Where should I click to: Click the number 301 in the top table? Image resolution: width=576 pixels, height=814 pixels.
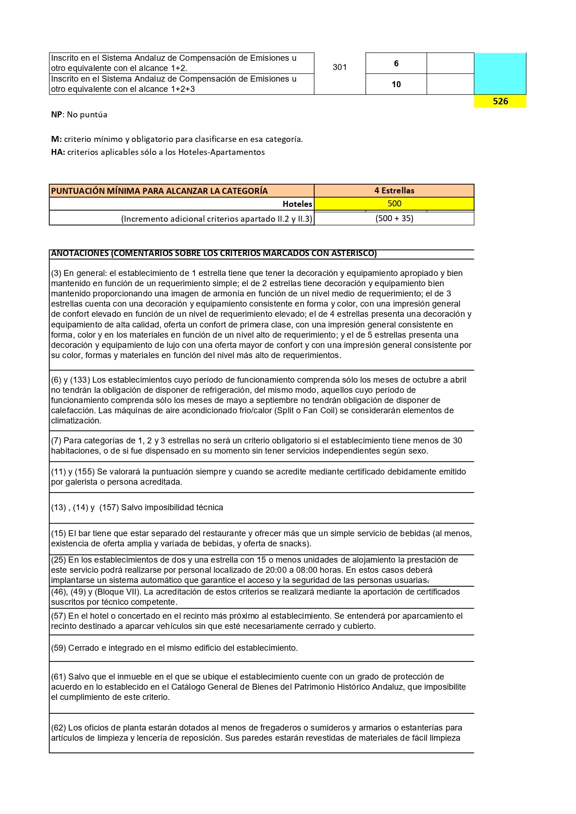tap(340, 67)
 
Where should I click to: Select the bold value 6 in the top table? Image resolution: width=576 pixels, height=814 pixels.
tap(396, 64)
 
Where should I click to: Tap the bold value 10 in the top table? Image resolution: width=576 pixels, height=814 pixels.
tap(396, 84)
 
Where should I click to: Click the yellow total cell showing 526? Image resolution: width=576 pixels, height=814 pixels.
tap(500, 101)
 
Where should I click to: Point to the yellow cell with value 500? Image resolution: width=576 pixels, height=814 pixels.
tap(394, 204)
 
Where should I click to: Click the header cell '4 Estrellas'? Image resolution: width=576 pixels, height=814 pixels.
tap(394, 191)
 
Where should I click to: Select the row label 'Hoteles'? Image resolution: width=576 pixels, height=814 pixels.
tap(298, 204)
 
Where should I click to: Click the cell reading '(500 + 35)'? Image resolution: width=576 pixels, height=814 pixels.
tap(394, 218)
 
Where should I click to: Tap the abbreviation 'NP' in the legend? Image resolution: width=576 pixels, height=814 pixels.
tap(56, 115)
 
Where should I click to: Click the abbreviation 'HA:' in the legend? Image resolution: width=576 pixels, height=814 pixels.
tap(58, 152)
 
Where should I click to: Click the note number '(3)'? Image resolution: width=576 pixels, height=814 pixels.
tap(56, 273)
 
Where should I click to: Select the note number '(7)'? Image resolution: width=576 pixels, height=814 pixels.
tap(56, 441)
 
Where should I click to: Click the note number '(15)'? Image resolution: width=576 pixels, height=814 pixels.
tap(58, 533)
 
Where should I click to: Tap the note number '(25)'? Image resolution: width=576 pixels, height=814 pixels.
tap(58, 560)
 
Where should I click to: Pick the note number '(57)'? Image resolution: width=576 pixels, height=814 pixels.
tap(58, 616)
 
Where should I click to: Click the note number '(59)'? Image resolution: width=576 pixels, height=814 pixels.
tap(58, 648)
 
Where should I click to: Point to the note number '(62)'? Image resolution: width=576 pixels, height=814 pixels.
tap(58, 728)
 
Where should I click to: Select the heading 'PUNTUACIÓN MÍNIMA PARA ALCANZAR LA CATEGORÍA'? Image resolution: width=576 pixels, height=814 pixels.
tap(159, 191)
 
